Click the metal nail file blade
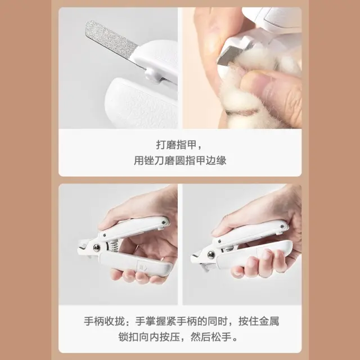[x=112, y=40]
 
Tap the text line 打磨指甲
[x=176, y=145]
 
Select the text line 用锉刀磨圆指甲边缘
[x=180, y=160]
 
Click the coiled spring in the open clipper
[x=115, y=246]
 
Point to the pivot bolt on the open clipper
[x=96, y=247]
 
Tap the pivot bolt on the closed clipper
[x=211, y=255]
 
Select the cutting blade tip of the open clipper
[x=81, y=246]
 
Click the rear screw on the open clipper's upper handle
[x=164, y=222]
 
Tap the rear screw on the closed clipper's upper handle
[x=282, y=227]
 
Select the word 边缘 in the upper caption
[x=216, y=160]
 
